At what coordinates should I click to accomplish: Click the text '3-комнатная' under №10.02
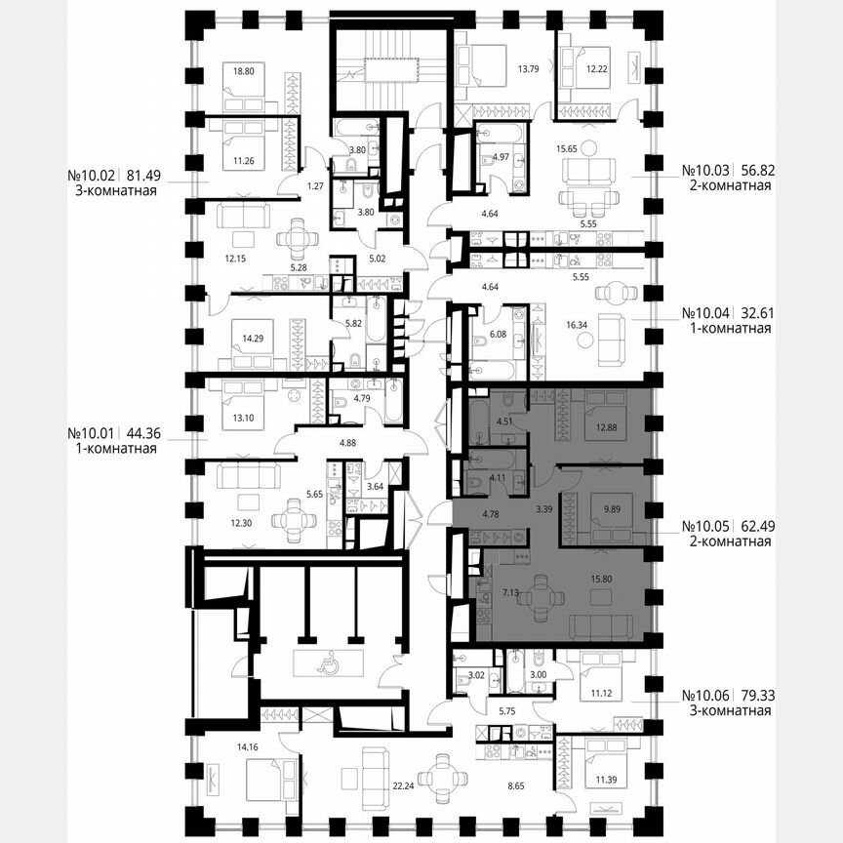coord(113,191)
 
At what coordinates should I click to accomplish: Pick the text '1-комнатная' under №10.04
coord(727,329)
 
